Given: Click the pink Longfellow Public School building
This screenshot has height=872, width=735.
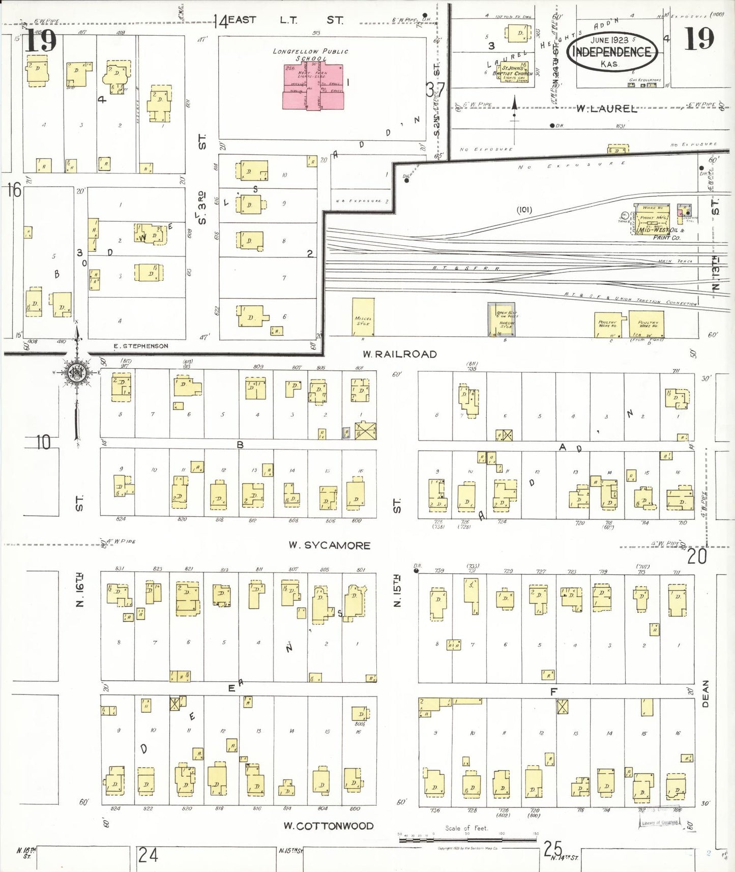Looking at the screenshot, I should pyautogui.click(x=313, y=86).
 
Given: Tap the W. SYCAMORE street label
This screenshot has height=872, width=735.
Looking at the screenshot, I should pyautogui.click(x=329, y=545).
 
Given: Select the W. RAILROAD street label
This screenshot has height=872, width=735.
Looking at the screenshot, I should pyautogui.click(x=399, y=354).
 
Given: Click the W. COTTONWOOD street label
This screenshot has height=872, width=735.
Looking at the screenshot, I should pyautogui.click(x=328, y=826).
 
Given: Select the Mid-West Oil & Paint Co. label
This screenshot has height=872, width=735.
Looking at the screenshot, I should pyautogui.click(x=660, y=234).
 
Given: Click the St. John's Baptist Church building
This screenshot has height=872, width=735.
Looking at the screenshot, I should pyautogui.click(x=514, y=72).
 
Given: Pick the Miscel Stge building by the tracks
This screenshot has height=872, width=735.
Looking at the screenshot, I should pyautogui.click(x=363, y=317).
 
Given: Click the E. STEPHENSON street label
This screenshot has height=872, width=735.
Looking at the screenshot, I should pyautogui.click(x=140, y=346).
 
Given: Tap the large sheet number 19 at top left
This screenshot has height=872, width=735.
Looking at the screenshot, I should pyautogui.click(x=41, y=41).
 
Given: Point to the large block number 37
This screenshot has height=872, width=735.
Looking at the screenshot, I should pyautogui.click(x=435, y=90).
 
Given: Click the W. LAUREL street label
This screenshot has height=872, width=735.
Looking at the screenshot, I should pyautogui.click(x=606, y=108).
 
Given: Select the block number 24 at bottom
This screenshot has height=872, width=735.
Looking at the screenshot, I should pyautogui.click(x=148, y=854).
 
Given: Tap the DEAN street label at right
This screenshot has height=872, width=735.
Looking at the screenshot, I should pyautogui.click(x=705, y=693).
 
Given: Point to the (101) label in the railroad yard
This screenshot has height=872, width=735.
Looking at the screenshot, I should pyautogui.click(x=524, y=210).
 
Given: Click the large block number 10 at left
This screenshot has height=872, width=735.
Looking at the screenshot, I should pyautogui.click(x=43, y=442).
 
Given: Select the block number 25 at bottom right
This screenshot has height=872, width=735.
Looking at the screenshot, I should pyautogui.click(x=552, y=848).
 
